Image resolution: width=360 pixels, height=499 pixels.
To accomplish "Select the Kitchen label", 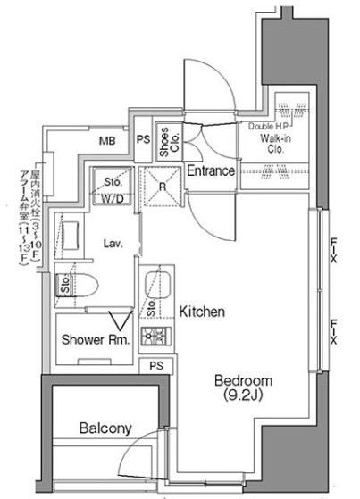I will coord(202,312).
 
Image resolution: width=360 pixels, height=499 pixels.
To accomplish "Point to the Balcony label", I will coord(105,428).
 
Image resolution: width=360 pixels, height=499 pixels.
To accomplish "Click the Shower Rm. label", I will coord(96,340).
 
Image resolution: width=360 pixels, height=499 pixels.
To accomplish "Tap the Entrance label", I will coord(211,170).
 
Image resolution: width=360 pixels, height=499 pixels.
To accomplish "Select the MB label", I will coord(107,141).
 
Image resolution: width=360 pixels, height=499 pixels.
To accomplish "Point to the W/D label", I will coord(113,197).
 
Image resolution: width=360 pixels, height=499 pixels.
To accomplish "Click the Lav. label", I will coord(112,242).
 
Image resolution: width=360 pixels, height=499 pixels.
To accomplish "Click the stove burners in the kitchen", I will coord(157,337).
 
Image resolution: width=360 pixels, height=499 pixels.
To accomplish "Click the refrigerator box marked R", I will coord(163,188).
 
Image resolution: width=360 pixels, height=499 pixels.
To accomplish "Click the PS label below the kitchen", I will coord(156,366).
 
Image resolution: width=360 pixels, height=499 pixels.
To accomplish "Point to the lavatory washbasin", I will coord(71,237).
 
